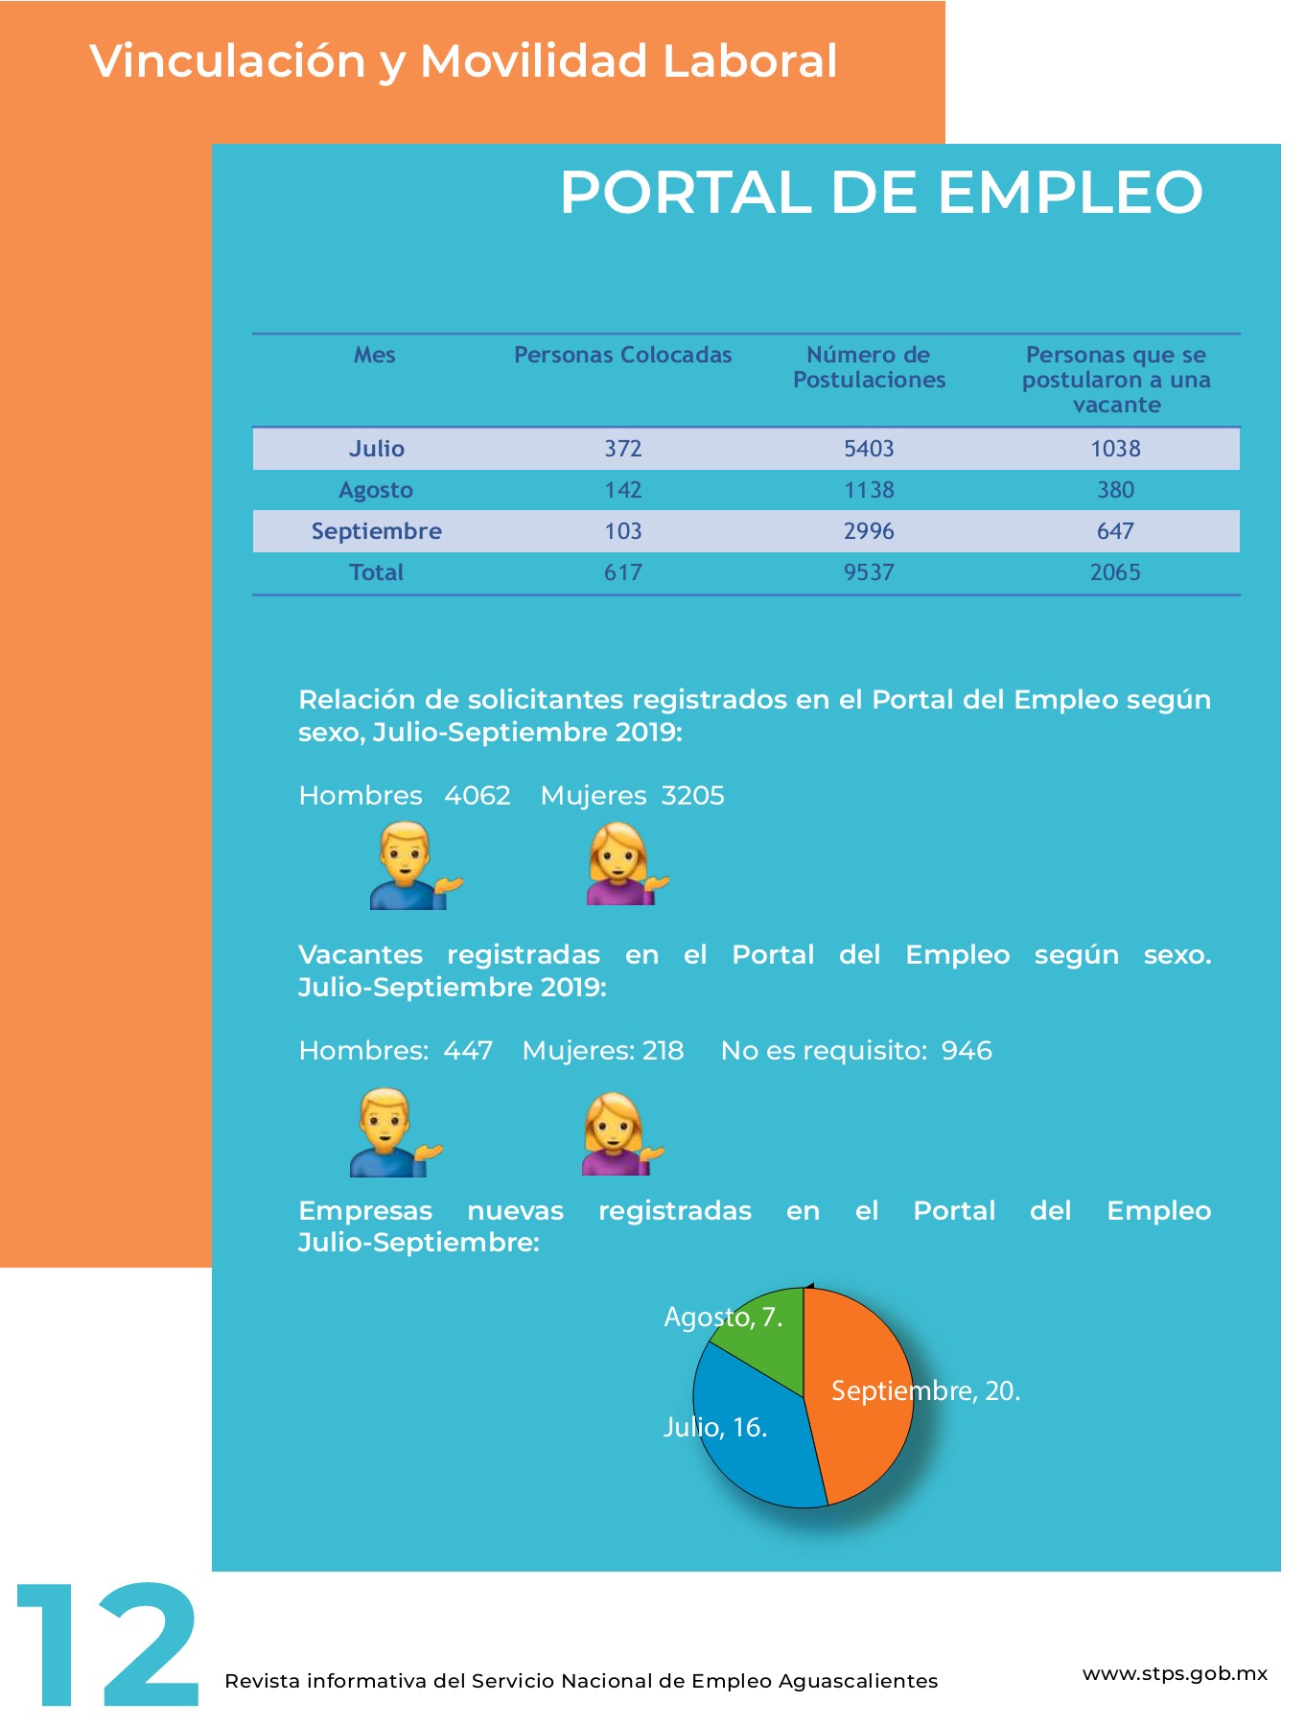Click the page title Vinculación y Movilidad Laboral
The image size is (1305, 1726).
(x=464, y=61)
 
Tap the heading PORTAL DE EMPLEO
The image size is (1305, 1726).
(x=881, y=192)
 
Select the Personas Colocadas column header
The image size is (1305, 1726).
(x=622, y=355)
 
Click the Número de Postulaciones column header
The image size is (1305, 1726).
(x=869, y=367)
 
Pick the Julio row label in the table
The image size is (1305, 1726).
(x=376, y=449)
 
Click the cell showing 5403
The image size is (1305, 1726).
(x=869, y=449)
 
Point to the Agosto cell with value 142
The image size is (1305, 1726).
(x=622, y=490)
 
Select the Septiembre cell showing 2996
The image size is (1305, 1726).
(x=869, y=531)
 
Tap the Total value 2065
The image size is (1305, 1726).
(x=1115, y=572)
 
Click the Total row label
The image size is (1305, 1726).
(x=376, y=572)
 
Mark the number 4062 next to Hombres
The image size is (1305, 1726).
(x=477, y=796)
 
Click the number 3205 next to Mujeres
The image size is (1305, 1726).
(x=692, y=796)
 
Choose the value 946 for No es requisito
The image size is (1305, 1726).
(x=967, y=1051)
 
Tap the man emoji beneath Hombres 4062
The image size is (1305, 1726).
(x=415, y=867)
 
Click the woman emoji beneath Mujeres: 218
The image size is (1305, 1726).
(x=622, y=1133)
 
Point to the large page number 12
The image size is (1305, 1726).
(x=106, y=1645)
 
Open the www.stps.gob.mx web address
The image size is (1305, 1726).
(x=1175, y=1674)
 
